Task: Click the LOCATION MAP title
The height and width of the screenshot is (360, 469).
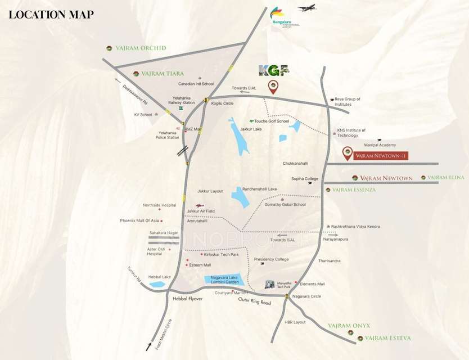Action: click(51, 15)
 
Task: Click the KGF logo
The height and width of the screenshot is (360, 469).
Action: click(273, 70)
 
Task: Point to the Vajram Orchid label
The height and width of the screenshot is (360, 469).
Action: click(141, 48)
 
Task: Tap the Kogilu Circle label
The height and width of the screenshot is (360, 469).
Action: click(222, 103)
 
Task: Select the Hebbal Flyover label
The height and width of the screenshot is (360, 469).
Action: click(187, 299)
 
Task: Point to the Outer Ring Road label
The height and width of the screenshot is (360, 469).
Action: click(255, 302)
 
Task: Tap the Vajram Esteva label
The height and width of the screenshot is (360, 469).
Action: click(387, 338)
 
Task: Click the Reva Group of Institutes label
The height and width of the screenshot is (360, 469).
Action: click(347, 102)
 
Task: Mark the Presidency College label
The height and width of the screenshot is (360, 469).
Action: click(271, 259)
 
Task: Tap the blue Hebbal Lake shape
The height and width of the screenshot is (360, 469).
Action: click(157, 285)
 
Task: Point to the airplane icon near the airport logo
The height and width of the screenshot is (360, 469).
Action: click(308, 8)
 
